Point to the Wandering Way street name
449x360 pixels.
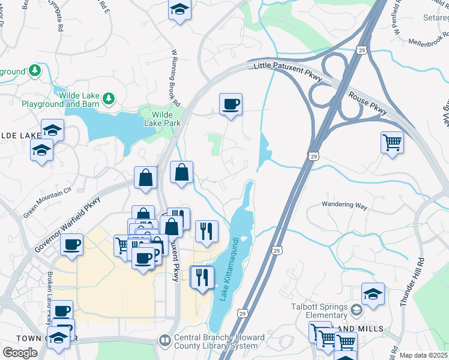[345, 205]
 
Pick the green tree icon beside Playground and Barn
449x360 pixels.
[109, 97]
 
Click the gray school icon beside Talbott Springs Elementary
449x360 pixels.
[357, 310]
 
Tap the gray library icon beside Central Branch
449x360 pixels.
[164, 341]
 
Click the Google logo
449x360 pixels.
[20, 353]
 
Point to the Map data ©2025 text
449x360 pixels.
[424, 355]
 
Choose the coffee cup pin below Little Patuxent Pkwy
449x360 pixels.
[231, 105]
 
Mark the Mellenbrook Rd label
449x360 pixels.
[429, 42]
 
